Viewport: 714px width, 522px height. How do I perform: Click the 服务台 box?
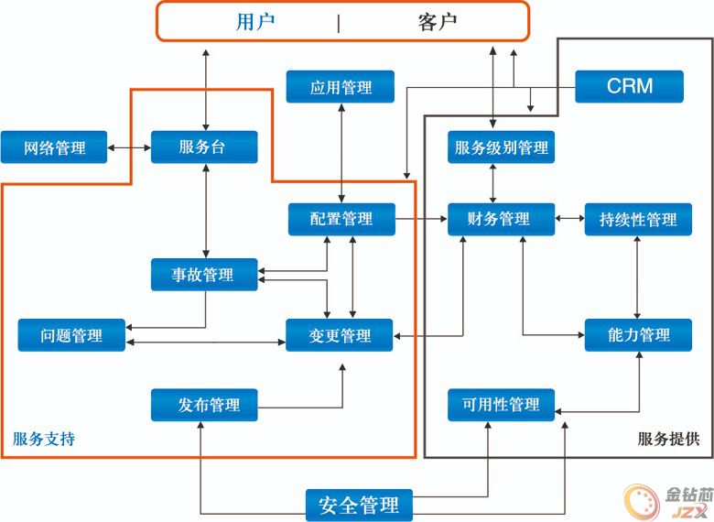[x=204, y=147]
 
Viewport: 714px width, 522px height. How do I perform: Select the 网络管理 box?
[x=54, y=147]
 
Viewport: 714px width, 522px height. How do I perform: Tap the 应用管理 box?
[x=341, y=87]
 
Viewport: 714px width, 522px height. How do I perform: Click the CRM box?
[x=629, y=87]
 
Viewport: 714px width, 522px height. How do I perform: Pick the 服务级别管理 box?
[x=501, y=147]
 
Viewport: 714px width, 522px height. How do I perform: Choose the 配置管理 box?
[x=341, y=219]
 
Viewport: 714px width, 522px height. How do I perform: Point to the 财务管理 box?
[x=501, y=219]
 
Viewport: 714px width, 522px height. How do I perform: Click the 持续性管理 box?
[x=638, y=219]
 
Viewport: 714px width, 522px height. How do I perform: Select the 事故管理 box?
[x=204, y=275]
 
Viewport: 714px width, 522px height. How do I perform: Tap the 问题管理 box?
[x=71, y=335]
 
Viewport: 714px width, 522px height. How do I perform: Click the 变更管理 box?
[x=340, y=335]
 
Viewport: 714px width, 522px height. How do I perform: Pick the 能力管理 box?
[x=638, y=335]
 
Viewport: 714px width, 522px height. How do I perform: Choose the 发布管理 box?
[x=204, y=405]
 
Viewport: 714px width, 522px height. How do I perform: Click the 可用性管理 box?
[x=501, y=405]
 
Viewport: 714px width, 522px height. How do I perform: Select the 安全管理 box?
[x=359, y=506]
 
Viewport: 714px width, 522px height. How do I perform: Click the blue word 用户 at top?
[x=255, y=21]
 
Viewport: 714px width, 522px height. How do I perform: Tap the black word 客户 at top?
[x=438, y=21]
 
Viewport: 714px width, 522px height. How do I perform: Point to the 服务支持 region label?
[x=44, y=439]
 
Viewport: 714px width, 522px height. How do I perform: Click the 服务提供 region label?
[x=668, y=439]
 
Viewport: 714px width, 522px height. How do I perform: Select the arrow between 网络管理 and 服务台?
[x=129, y=147]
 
